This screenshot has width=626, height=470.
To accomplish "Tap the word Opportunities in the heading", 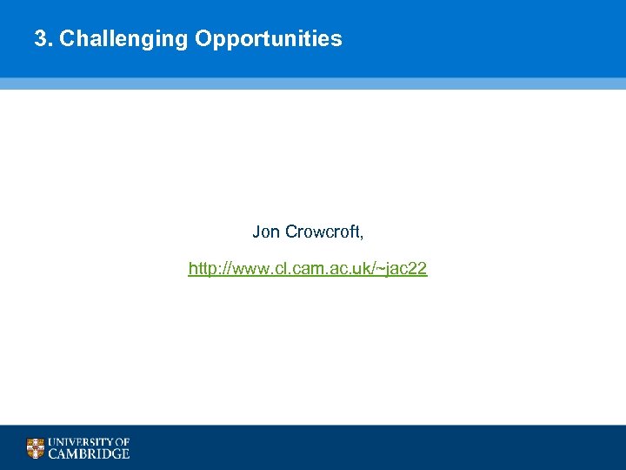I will coord(269,39).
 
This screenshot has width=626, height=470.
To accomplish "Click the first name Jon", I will coord(266,232).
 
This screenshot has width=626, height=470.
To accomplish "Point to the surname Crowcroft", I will coord(323,232).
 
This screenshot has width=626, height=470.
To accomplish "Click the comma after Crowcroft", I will coord(363,236).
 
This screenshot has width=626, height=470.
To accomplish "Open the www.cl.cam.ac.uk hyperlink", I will coord(308,269).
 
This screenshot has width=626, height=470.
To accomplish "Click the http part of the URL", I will coord(203,269).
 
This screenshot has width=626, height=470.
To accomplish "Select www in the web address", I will coord(250,269).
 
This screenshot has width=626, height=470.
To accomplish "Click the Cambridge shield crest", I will coord(35,448).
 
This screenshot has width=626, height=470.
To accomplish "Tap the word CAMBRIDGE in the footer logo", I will coord(89,453).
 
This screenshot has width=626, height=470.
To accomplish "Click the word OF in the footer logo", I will coord(122,442).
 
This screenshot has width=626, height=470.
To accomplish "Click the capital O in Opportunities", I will coord(203,39).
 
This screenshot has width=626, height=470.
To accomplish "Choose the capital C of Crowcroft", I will coord(290,232).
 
